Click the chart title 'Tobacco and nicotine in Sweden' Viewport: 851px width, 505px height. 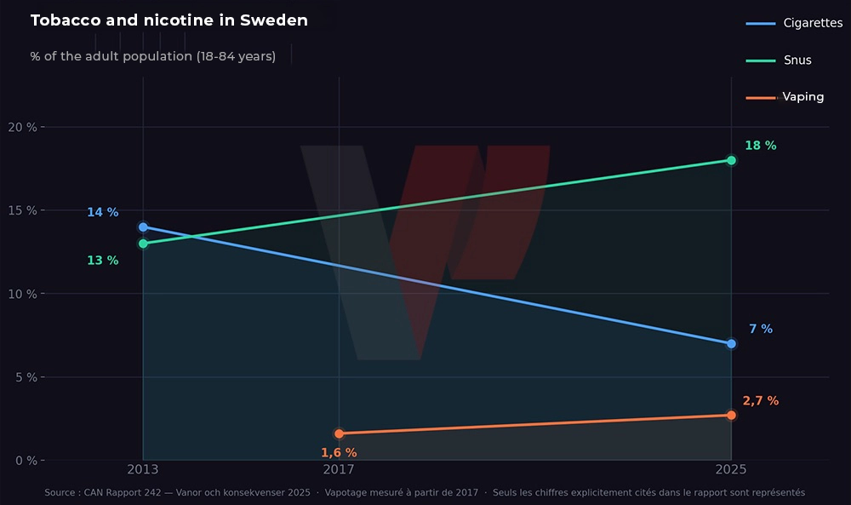[x=168, y=20]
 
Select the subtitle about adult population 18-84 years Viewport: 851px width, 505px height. [x=152, y=56]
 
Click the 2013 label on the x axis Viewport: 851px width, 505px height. [x=143, y=469]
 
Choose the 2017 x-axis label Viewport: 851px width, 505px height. [x=339, y=469]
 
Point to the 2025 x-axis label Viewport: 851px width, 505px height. [x=731, y=469]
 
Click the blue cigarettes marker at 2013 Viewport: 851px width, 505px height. [x=143, y=227]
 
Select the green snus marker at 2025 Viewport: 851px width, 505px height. [x=731, y=160]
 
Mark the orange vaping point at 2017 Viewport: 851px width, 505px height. [x=339, y=433]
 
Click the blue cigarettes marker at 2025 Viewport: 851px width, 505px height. [x=731, y=344]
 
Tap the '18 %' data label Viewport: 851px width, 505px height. [x=760, y=146]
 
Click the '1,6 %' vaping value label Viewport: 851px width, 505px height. [x=339, y=453]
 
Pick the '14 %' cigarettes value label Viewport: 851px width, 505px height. [x=102, y=212]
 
